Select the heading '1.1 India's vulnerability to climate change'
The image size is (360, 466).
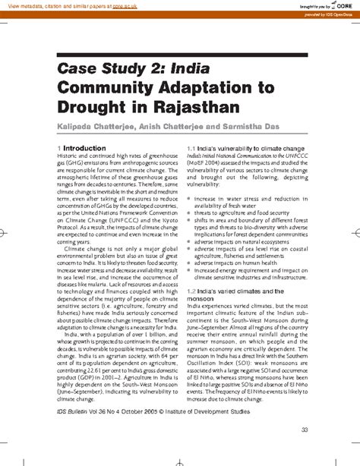(245, 148)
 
